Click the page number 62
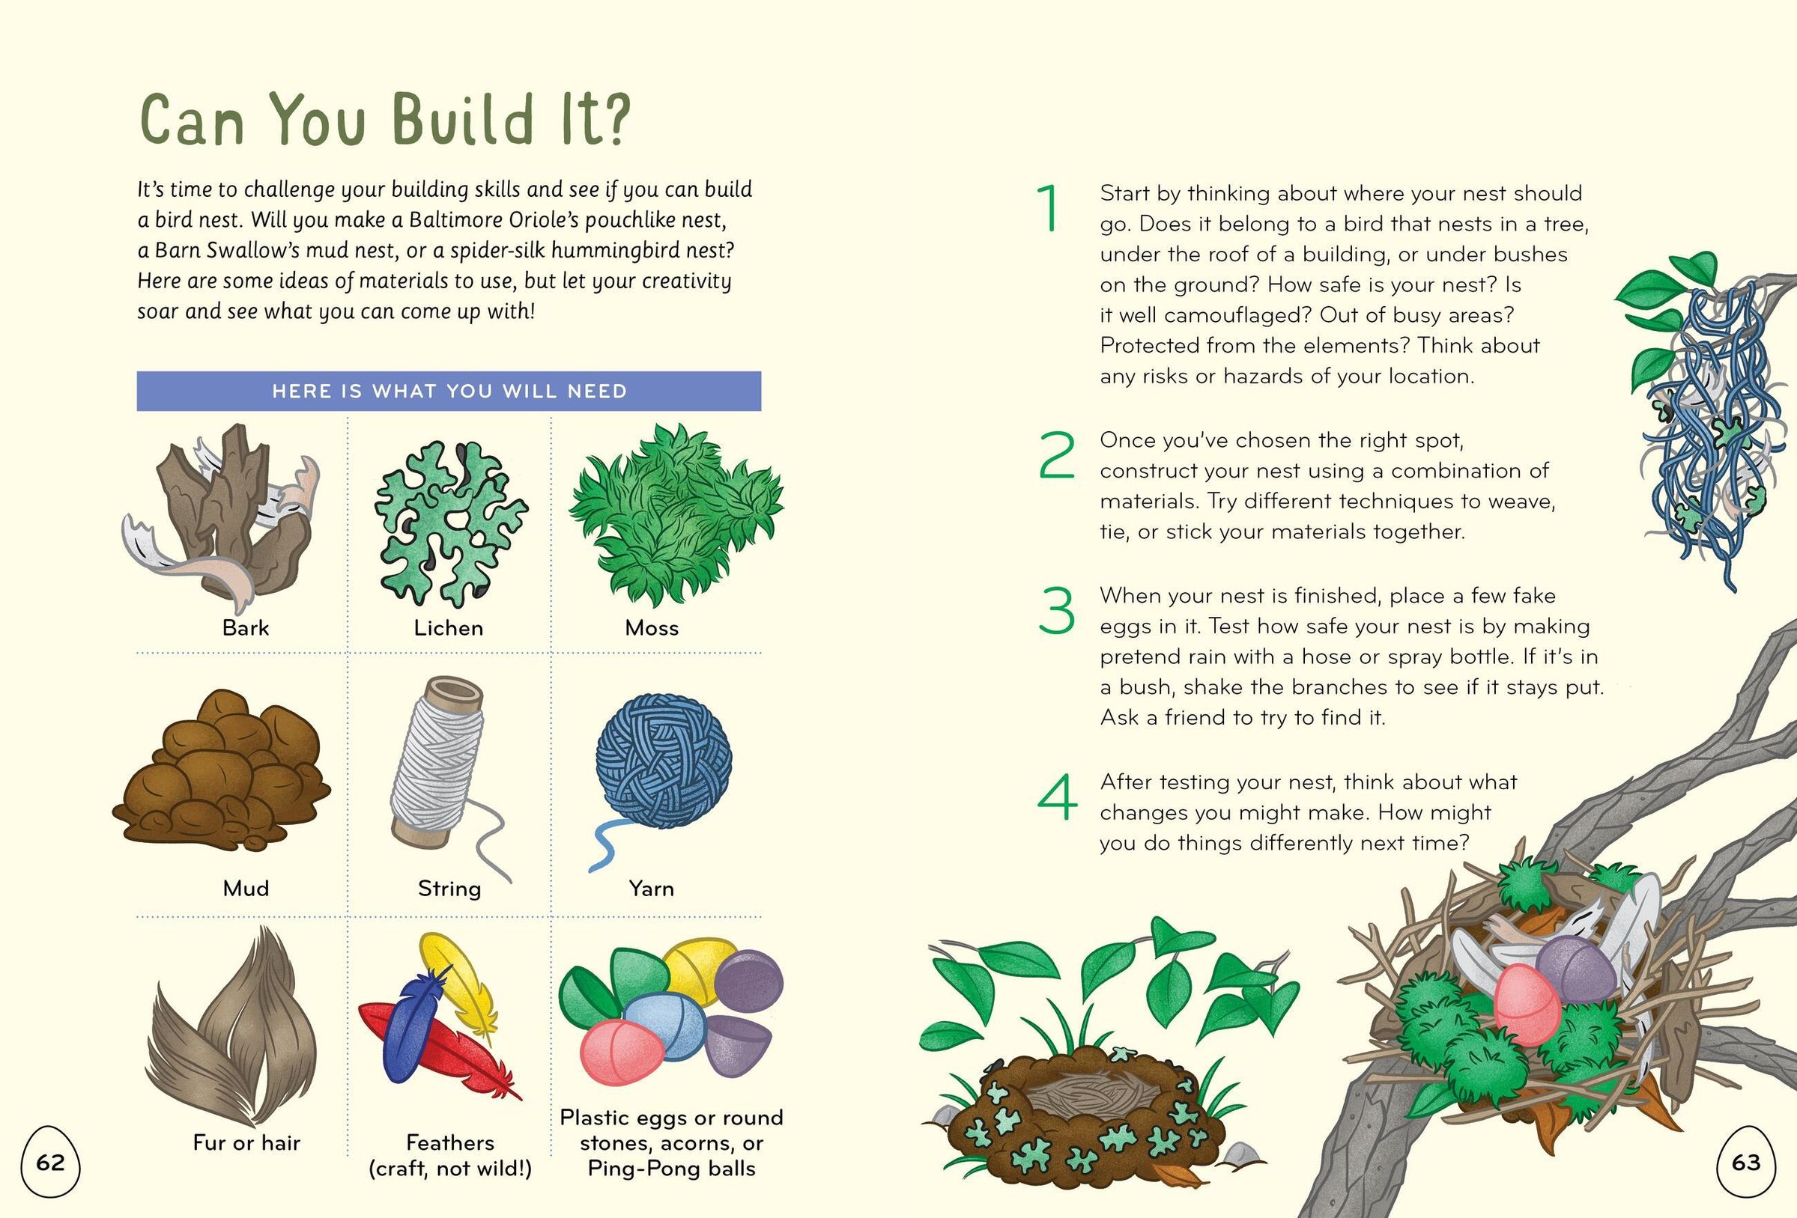pyautogui.click(x=50, y=1162)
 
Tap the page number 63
pyautogui.click(x=1745, y=1162)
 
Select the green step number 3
pyautogui.click(x=1056, y=611)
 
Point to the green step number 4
pyautogui.click(x=1057, y=797)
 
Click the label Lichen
pyautogui.click(x=449, y=627)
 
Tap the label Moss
pyautogui.click(x=652, y=627)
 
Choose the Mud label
pyautogui.click(x=246, y=888)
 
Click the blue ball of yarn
pyautogui.click(x=664, y=762)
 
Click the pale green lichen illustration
pyautogui.click(x=449, y=523)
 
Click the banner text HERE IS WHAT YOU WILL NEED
pyautogui.click(x=449, y=391)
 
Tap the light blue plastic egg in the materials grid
pyautogui.click(x=664, y=1025)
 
